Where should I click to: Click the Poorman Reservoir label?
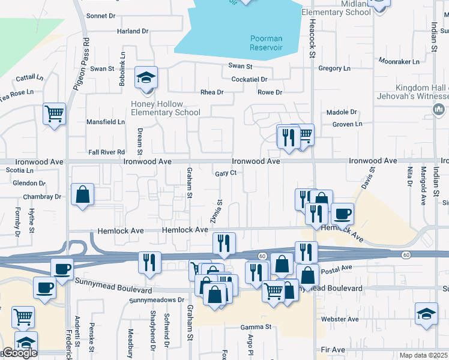(266, 43)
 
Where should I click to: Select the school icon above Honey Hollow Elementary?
(146, 77)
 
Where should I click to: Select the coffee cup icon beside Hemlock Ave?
(342, 214)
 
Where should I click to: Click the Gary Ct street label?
(226, 173)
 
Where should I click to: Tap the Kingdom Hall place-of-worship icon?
(438, 109)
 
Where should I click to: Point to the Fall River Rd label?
(106, 152)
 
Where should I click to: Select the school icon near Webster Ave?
(426, 314)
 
